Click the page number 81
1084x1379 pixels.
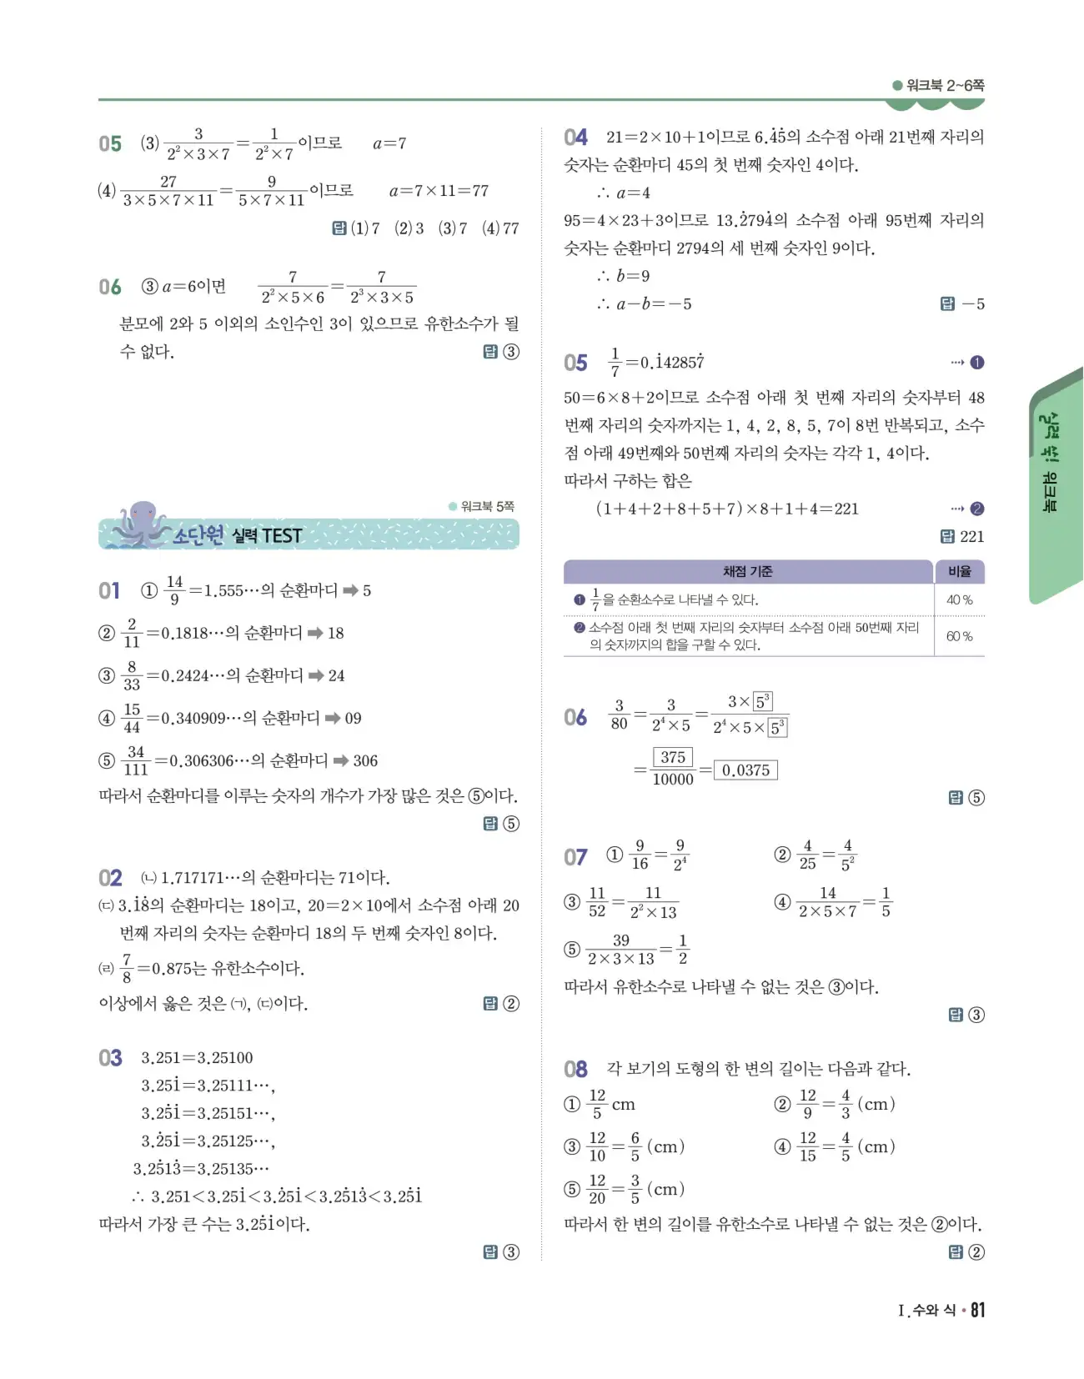[977, 1310]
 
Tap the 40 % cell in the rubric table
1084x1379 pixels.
[959, 599]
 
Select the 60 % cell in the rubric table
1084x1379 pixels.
[959, 636]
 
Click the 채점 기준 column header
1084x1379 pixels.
[747, 571]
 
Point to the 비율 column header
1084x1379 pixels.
[959, 571]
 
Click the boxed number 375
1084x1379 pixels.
[673, 757]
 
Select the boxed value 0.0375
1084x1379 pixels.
[745, 770]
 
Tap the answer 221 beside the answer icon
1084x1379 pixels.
[971, 537]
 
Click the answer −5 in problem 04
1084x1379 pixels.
[973, 304]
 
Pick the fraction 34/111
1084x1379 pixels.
[136, 760]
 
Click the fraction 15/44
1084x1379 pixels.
[132, 718]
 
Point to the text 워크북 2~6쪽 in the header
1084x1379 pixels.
[945, 85]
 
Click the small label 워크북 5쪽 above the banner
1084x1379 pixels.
[487, 506]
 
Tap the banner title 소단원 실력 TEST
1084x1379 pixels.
[238, 535]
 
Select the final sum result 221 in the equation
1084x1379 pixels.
[846, 509]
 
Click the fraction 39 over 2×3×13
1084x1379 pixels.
[621, 950]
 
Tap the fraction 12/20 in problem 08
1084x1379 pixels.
[597, 1189]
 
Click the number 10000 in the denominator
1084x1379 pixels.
[673, 780]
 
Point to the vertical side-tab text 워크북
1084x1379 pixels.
[1048, 492]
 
